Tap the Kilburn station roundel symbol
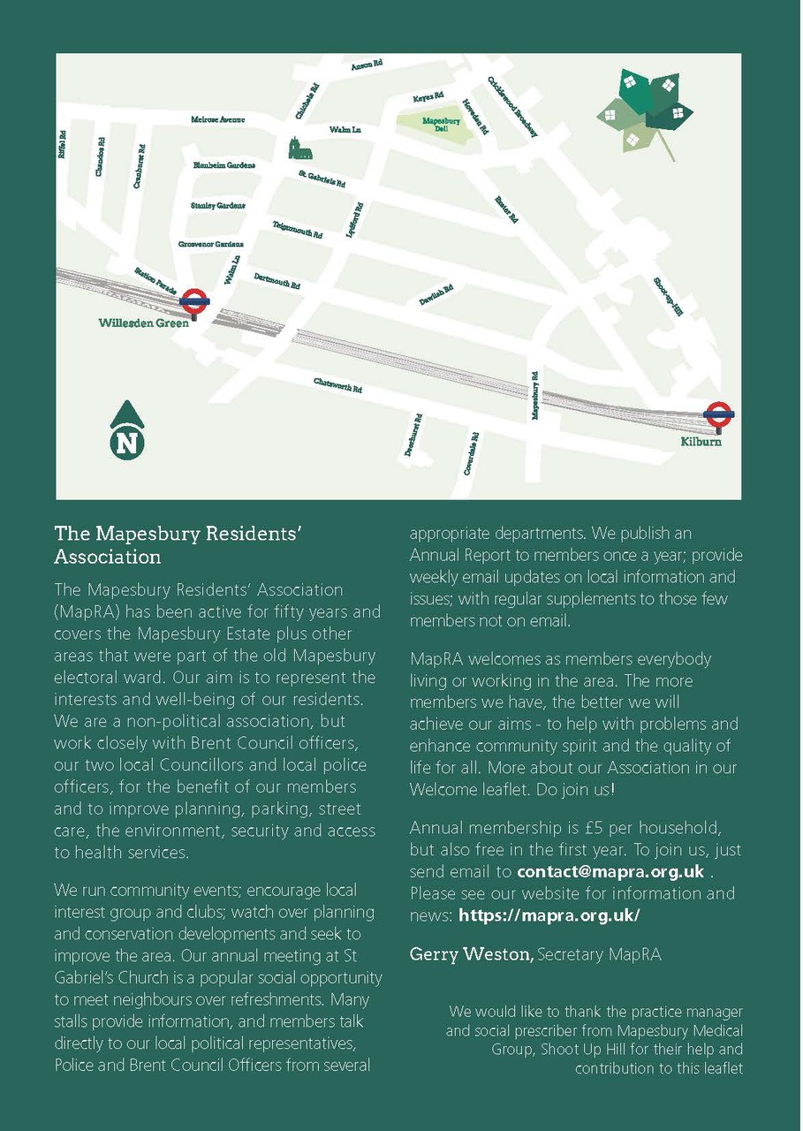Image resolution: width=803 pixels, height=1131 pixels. coord(719,413)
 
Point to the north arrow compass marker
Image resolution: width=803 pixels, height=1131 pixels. coord(128,429)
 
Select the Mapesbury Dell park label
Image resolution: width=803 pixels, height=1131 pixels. coord(436,124)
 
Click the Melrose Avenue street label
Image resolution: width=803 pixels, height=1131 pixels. coord(217,119)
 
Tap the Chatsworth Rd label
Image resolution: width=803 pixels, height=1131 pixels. coord(338,385)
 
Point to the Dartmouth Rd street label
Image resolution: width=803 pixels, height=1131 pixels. coord(277,281)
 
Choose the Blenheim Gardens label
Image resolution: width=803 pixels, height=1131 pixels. coord(224,165)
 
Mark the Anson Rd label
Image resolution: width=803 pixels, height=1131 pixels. coord(367,65)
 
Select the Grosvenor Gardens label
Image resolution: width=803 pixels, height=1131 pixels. coord(211,244)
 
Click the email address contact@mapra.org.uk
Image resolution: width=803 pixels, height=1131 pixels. coord(610,872)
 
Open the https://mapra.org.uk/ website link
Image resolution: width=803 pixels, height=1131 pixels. coord(549,915)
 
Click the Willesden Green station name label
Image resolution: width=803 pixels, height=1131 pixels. coord(143,323)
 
